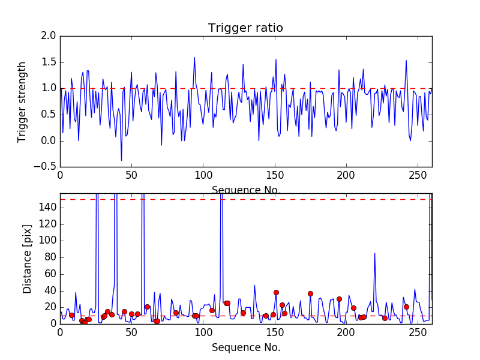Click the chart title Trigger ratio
point(245,28)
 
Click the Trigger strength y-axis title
point(22,101)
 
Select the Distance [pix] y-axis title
point(27,259)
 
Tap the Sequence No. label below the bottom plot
point(245,347)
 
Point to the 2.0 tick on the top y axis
point(49,36)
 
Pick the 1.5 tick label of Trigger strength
point(49,62)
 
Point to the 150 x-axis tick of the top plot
point(275,177)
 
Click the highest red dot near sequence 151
point(276,292)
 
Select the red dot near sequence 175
point(310,293)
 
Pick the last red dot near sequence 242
point(406,307)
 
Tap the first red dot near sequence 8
point(71,315)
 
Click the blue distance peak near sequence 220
point(375,253)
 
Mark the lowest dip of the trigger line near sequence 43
point(121,160)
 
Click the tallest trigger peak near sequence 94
point(194,58)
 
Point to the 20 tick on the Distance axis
point(49,307)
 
